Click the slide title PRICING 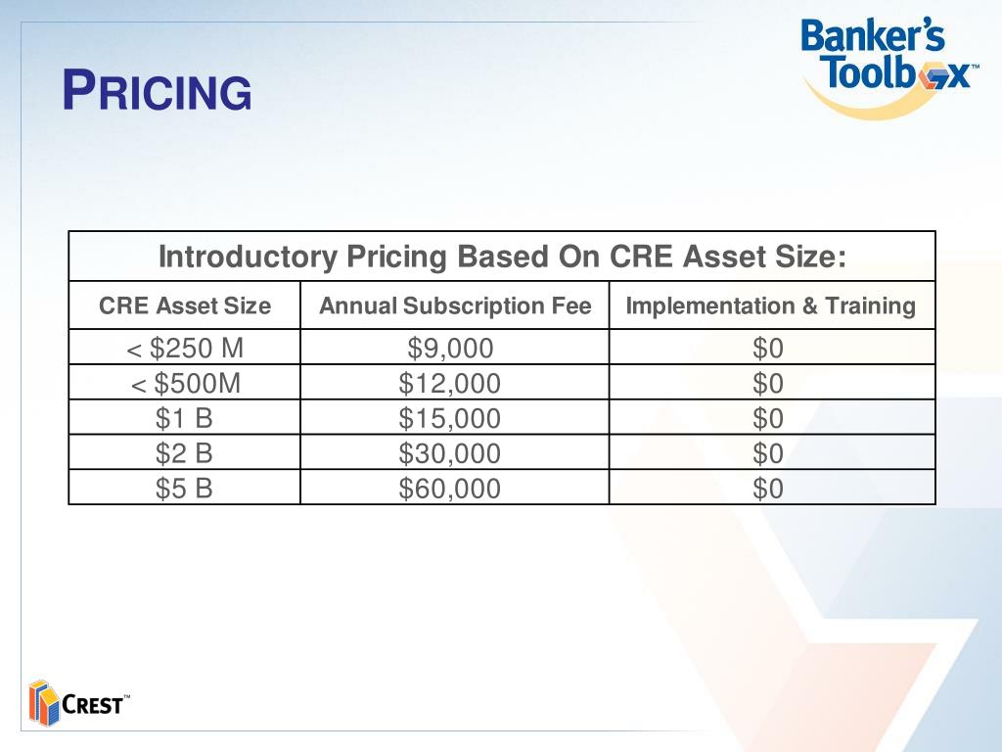click(x=157, y=92)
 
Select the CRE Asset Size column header click(x=184, y=305)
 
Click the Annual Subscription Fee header click(x=455, y=305)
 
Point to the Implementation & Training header click(x=771, y=305)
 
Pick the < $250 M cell click(x=184, y=348)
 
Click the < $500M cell click(x=184, y=383)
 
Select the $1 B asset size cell click(x=184, y=418)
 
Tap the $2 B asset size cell click(x=184, y=453)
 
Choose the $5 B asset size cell click(x=184, y=488)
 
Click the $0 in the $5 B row click(x=768, y=488)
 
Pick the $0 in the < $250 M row click(x=768, y=348)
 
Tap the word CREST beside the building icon click(x=94, y=705)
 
